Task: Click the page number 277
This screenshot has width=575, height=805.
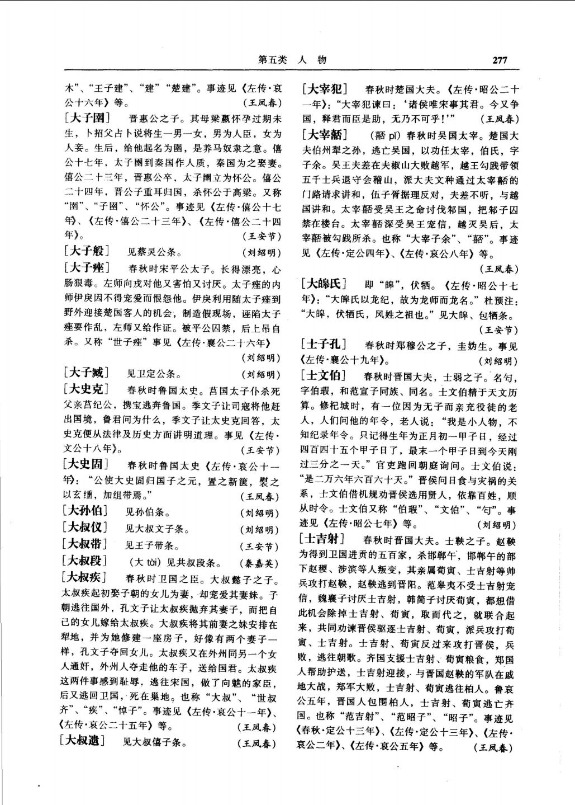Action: (x=500, y=60)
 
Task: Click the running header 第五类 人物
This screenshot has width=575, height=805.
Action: (x=292, y=60)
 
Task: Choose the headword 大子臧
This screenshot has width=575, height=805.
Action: (x=87, y=373)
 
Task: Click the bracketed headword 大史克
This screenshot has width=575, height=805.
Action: (x=87, y=389)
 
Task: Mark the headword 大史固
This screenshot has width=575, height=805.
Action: (x=87, y=464)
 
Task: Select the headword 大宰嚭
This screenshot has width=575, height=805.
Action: (x=325, y=135)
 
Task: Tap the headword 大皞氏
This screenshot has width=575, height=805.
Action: (x=325, y=283)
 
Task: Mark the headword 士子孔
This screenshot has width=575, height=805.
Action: (x=324, y=344)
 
